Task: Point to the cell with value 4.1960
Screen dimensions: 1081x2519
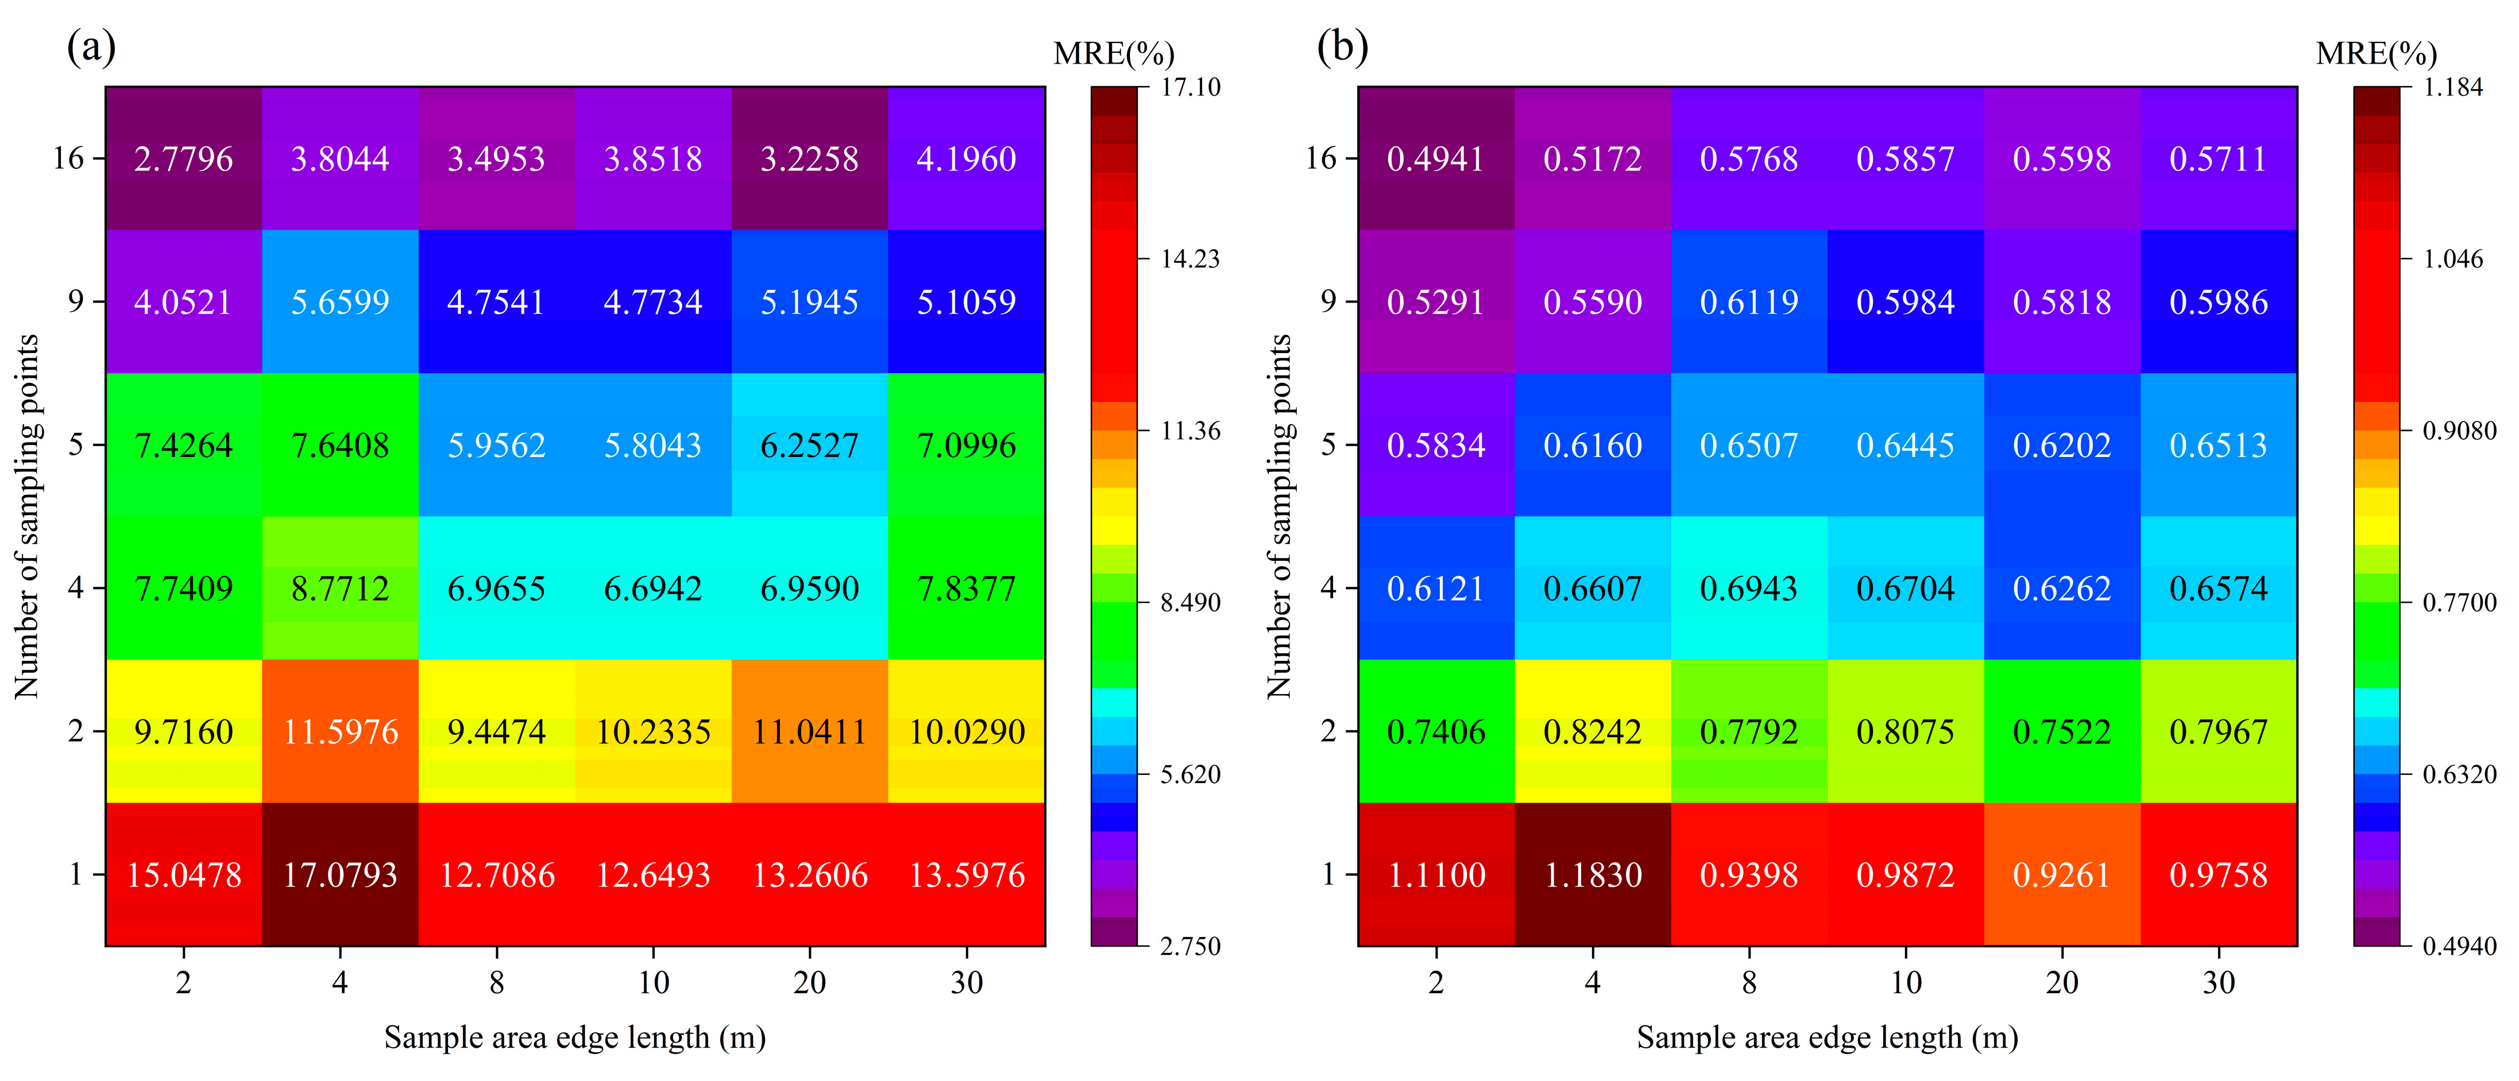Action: [x=966, y=158]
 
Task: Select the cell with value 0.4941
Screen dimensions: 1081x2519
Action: [x=1435, y=158]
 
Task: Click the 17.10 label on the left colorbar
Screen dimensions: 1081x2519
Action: [x=1190, y=88]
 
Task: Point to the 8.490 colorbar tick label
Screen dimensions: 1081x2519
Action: [x=1190, y=603]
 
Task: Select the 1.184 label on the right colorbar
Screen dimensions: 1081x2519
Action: [x=2452, y=88]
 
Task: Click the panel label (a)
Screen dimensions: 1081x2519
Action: [x=91, y=46]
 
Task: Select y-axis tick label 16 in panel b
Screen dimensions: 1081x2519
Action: [x=1320, y=158]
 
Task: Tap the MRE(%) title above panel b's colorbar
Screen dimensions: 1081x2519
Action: [x=2376, y=54]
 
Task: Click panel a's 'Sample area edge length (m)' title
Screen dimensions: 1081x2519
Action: [x=575, y=1037]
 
